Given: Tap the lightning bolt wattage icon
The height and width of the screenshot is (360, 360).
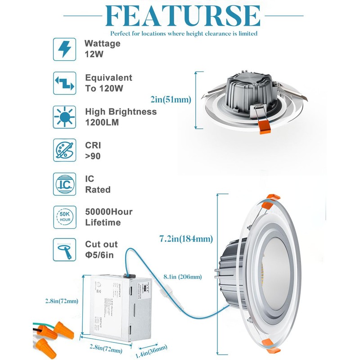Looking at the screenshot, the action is click(64, 49).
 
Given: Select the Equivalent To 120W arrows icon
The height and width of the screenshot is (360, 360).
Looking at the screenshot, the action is click(64, 83).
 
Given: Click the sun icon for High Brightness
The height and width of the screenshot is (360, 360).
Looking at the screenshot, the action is click(64, 117).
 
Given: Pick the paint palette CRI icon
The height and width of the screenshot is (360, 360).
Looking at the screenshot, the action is click(64, 150).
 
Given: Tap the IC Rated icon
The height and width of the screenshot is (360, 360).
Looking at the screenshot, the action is click(64, 184).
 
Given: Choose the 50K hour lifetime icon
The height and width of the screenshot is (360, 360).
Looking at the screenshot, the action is click(64, 217).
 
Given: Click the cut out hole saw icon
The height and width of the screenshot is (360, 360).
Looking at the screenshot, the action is click(64, 250).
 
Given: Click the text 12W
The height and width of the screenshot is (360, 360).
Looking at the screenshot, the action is click(92, 54).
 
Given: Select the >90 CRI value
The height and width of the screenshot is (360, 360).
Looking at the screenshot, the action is click(92, 156).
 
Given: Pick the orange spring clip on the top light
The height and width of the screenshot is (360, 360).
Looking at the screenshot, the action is click(264, 128).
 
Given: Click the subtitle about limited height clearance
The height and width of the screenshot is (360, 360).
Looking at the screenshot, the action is click(184, 33).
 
